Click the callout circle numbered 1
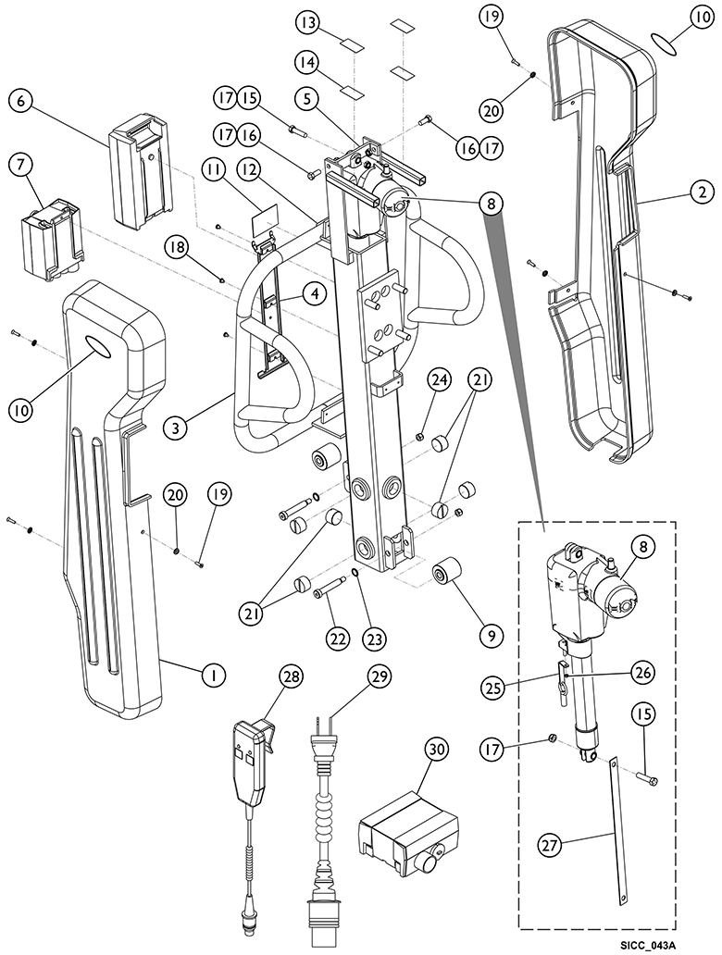pos(213,675)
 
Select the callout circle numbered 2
pos(703,192)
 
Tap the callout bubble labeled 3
pos(176,428)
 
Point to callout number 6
pos(21,101)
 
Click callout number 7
pos(21,166)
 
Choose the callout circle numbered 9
pos(492,637)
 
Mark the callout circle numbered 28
pos(292,676)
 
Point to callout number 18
pos(176,247)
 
